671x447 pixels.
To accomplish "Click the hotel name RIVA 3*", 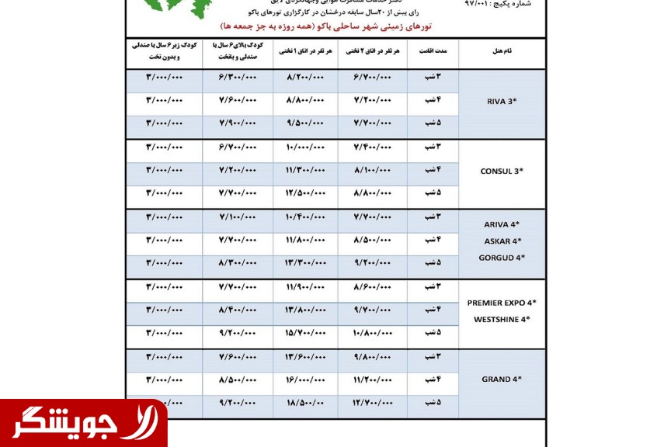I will click(x=501, y=101).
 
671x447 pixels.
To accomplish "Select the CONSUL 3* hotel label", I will click(x=502, y=171).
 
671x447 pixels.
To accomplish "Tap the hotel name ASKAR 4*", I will click(x=502, y=241).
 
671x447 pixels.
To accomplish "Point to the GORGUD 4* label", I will click(x=502, y=257).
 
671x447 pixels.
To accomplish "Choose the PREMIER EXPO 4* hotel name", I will click(x=502, y=303).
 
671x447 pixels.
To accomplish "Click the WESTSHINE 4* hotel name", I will click(x=502, y=319).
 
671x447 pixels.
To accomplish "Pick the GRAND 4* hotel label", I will click(x=502, y=379).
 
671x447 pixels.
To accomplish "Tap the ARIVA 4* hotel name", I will click(x=502, y=224).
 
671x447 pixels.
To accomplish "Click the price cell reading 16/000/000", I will click(x=305, y=379).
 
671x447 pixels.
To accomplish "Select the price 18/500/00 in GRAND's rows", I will click(x=305, y=403).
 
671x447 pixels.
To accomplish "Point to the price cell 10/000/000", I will click(x=305, y=147).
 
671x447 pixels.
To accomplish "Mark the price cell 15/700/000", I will click(x=305, y=333).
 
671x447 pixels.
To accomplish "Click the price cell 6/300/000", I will click(x=237, y=78).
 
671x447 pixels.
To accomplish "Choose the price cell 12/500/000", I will click(x=305, y=192).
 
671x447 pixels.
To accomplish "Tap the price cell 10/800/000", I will click(x=373, y=333).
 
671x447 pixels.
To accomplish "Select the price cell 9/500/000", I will click(x=305, y=123).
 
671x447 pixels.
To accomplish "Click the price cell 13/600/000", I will click(x=305, y=356).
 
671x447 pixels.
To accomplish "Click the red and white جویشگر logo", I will click(x=83, y=424).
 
